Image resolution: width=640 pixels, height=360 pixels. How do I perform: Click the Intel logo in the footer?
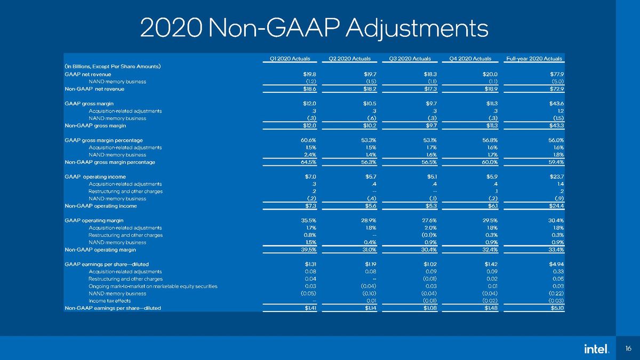point(597,349)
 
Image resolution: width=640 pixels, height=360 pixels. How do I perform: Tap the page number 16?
point(628,349)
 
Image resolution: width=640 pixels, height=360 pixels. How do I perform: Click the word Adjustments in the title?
point(417,29)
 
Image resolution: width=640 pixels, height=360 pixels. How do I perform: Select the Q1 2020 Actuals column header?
point(290,59)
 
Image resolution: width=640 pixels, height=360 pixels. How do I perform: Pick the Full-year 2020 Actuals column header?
point(534,59)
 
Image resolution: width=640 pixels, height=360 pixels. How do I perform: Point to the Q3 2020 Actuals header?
point(410,59)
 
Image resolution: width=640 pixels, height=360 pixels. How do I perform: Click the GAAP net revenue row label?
point(87,74)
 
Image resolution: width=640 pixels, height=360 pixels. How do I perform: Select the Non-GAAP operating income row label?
point(101,206)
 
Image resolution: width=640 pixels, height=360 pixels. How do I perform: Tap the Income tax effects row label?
point(110,301)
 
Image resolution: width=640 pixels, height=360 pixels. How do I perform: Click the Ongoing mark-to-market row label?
point(153,286)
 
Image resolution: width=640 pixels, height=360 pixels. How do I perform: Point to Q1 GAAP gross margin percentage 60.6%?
point(308,140)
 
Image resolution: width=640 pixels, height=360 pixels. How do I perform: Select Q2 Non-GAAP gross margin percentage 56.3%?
point(369,162)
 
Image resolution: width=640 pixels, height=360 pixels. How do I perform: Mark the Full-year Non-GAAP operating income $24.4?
point(557,206)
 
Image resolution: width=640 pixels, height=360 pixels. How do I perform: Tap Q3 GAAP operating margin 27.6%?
point(429,221)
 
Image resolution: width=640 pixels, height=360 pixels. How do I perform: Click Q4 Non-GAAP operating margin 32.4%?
point(490,250)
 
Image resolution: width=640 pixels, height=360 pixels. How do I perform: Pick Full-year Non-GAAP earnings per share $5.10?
point(557,308)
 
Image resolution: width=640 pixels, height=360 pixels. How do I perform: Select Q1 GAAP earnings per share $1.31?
point(310,265)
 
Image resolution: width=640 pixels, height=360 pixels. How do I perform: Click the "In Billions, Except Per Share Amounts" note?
point(113,67)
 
